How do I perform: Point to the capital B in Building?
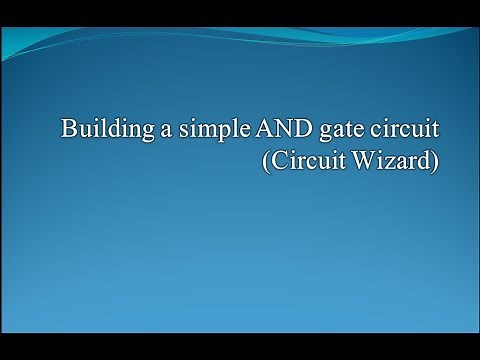pyautogui.click(x=68, y=130)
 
